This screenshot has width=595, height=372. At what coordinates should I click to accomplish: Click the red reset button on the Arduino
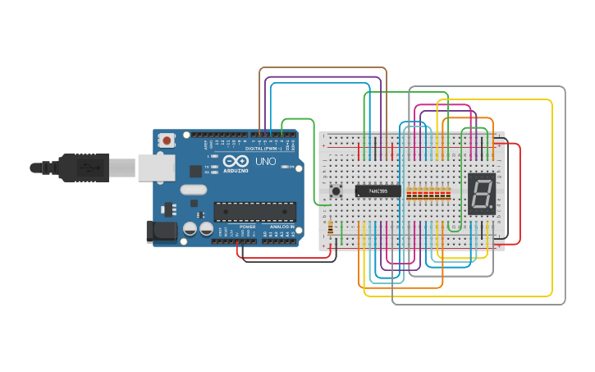pyautogui.click(x=167, y=140)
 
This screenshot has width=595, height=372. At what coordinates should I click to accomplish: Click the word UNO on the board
pyautogui.click(x=266, y=162)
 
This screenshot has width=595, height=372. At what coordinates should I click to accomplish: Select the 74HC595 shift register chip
pyautogui.click(x=378, y=191)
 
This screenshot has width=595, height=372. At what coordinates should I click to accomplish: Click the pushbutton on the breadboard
pyautogui.click(x=336, y=191)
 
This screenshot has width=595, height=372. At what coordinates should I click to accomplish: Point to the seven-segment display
pyautogui.click(x=482, y=194)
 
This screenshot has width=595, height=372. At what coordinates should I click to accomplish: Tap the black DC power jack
pyautogui.click(x=161, y=231)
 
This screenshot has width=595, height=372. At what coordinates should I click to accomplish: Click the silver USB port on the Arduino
pyautogui.click(x=155, y=167)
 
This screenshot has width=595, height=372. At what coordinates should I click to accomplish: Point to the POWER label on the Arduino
pyautogui.click(x=247, y=227)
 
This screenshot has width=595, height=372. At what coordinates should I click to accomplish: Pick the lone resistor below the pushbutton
pyautogui.click(x=331, y=228)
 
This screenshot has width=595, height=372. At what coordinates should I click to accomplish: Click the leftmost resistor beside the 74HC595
pyautogui.click(x=409, y=194)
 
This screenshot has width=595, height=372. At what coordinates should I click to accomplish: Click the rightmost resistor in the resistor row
pyautogui.click(x=448, y=194)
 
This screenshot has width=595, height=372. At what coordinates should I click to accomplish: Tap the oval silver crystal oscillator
pyautogui.click(x=194, y=190)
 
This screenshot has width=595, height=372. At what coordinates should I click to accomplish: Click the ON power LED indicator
pyautogui.click(x=286, y=167)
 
